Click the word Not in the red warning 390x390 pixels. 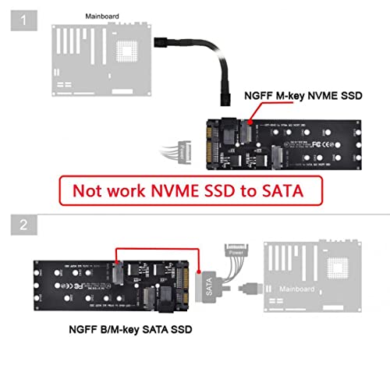(x=90, y=190)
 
